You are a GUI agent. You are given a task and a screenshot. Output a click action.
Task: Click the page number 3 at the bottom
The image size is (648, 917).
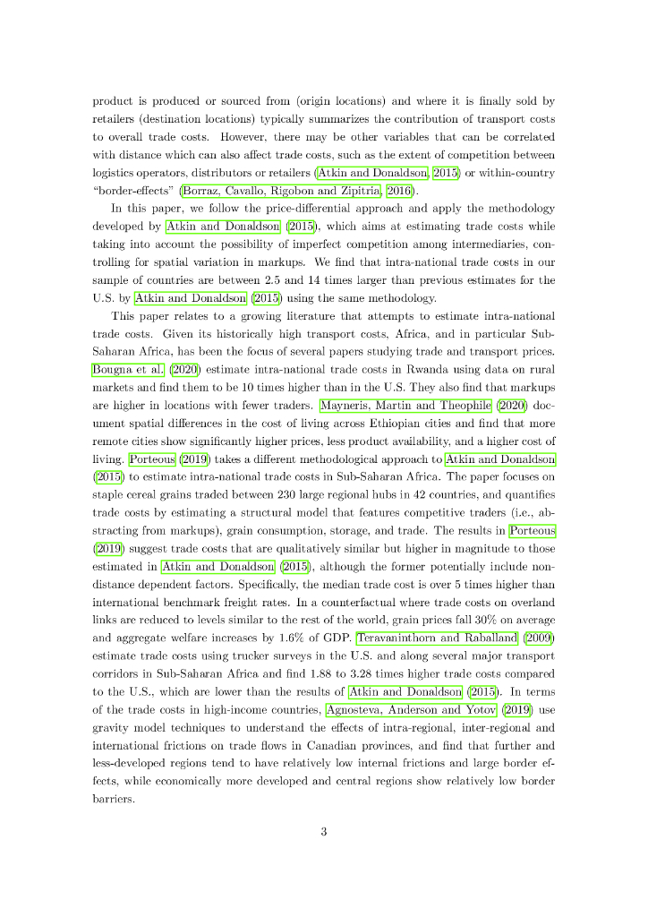tap(324, 831)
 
